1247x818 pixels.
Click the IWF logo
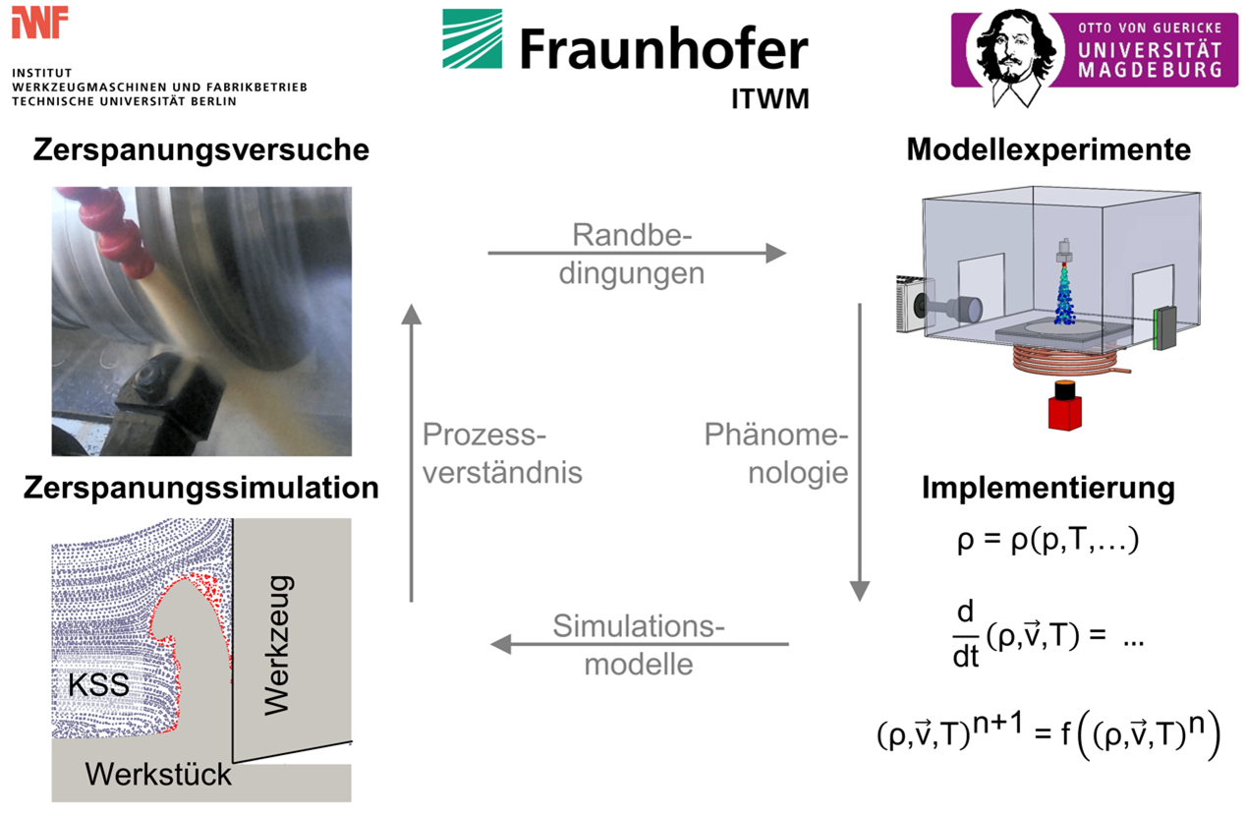tap(40, 22)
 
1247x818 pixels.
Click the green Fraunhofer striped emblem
tap(472, 39)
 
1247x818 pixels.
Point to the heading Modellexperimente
tap(1049, 150)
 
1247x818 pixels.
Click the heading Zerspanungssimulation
tap(201, 488)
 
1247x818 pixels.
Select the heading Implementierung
tap(1049, 488)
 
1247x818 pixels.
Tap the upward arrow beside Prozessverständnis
tap(412, 452)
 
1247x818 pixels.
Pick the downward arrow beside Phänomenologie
tap(860, 452)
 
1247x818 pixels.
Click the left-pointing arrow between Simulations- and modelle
tap(639, 645)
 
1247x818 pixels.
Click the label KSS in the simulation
tap(98, 684)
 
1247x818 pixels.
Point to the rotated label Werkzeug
tap(278, 645)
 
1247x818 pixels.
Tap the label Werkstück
tap(158, 774)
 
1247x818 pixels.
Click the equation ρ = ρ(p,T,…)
tap(1048, 541)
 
